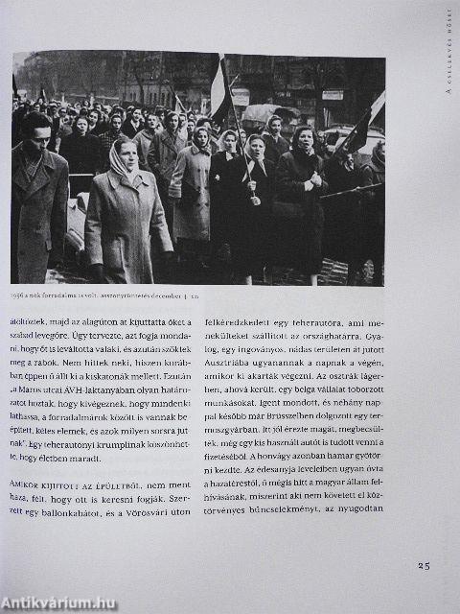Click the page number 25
point(424,566)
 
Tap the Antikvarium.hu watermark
point(58,602)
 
